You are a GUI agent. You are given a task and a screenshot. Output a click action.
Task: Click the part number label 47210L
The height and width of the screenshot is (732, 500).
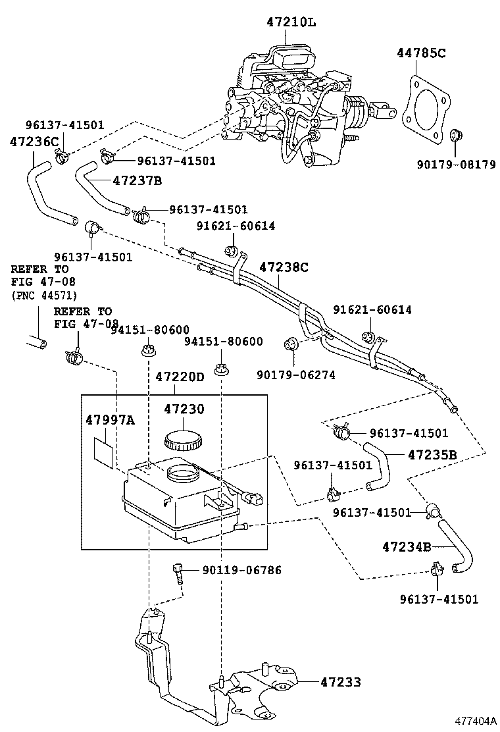(x=291, y=22)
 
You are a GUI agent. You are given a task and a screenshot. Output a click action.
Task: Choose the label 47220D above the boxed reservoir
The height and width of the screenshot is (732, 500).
(x=180, y=377)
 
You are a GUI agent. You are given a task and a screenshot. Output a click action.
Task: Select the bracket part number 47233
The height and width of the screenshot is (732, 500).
(x=340, y=682)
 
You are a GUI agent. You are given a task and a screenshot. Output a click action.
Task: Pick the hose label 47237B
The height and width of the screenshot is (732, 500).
(x=137, y=180)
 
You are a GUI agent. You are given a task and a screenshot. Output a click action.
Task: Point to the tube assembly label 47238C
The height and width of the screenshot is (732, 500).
(x=284, y=267)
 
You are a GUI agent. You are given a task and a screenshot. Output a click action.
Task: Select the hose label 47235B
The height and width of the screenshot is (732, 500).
(x=432, y=454)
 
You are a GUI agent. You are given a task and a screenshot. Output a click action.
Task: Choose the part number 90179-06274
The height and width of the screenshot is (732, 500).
(x=296, y=375)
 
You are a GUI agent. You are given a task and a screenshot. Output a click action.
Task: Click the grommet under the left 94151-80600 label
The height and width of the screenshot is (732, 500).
(x=148, y=351)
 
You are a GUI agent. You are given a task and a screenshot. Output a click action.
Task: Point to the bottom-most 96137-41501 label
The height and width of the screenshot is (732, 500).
(x=439, y=599)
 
